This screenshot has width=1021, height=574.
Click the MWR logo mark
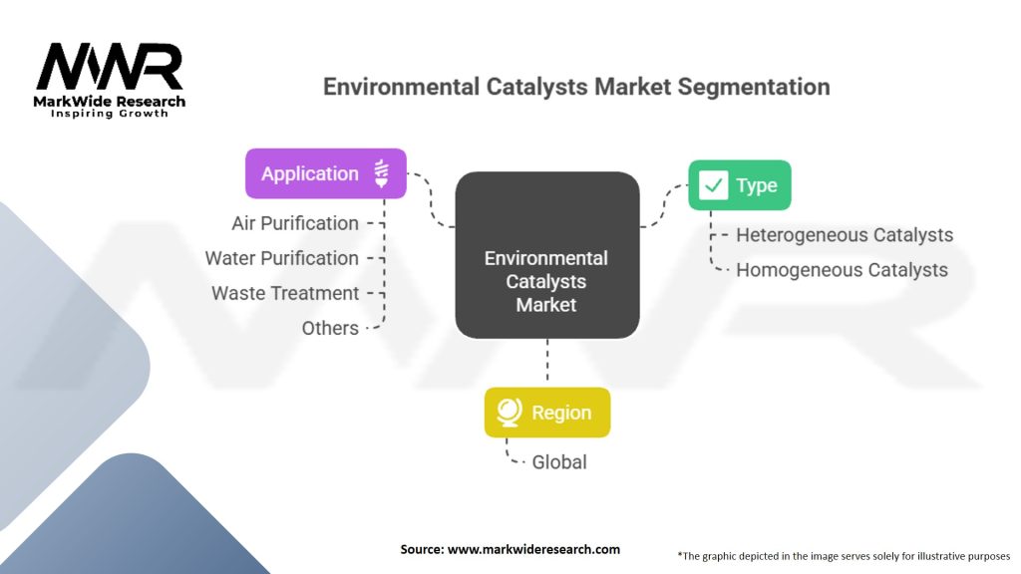tap(110, 68)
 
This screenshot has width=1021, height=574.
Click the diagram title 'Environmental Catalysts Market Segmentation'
tap(576, 87)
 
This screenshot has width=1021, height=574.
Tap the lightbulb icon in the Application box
tap(381, 173)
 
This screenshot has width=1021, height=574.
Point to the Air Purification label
tap(295, 223)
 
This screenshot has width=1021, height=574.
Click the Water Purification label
tap(281, 258)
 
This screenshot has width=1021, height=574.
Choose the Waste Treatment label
tap(285, 293)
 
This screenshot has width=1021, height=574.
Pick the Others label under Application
tap(330, 328)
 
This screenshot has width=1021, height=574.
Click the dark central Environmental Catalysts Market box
tap(546, 255)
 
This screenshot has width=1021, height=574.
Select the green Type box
tap(739, 185)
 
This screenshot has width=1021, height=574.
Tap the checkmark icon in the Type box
tap(713, 185)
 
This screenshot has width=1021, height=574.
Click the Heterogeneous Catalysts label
tap(845, 235)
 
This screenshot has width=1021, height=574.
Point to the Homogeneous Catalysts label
tap(842, 270)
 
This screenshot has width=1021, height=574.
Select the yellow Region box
tap(546, 413)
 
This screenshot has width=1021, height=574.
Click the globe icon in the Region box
tap(509, 413)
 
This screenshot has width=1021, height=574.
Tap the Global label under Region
tap(558, 461)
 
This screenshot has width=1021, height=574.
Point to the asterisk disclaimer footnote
tap(844, 555)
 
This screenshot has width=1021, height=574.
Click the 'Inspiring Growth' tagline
tap(110, 114)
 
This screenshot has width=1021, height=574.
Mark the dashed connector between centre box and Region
tap(546, 362)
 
